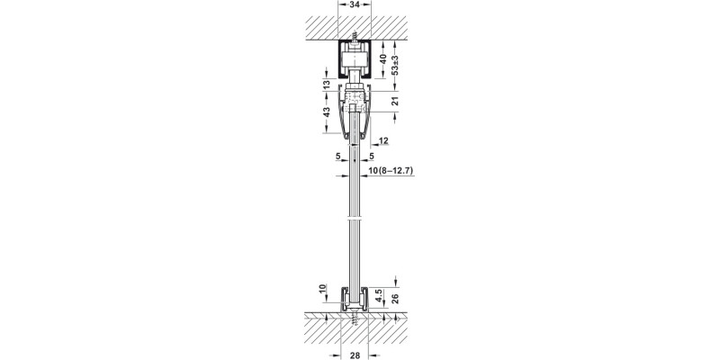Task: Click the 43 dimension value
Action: pos(326,116)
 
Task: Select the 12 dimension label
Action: pos(384,141)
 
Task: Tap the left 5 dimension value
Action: pos(337,156)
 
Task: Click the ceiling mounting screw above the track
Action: pos(359,41)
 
